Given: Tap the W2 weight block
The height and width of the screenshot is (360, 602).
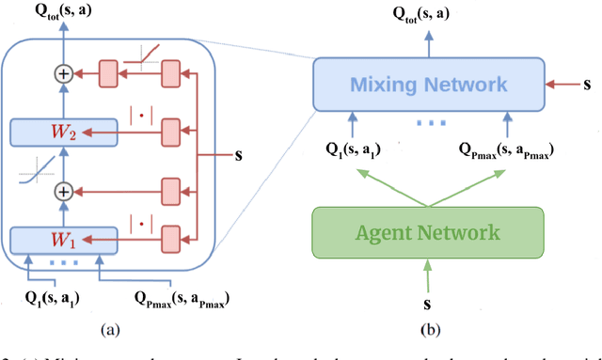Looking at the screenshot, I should click(63, 133).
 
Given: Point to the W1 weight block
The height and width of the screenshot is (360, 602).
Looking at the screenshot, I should click(63, 238).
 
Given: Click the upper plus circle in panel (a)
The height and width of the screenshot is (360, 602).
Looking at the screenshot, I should click(64, 71).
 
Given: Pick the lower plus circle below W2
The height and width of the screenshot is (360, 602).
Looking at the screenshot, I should click(64, 191).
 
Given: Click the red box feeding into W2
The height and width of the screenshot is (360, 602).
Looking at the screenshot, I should click(170, 133).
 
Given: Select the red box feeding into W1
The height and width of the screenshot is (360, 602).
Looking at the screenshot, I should click(170, 238).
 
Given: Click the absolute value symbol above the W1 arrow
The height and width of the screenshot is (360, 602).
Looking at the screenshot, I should click(136, 225).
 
